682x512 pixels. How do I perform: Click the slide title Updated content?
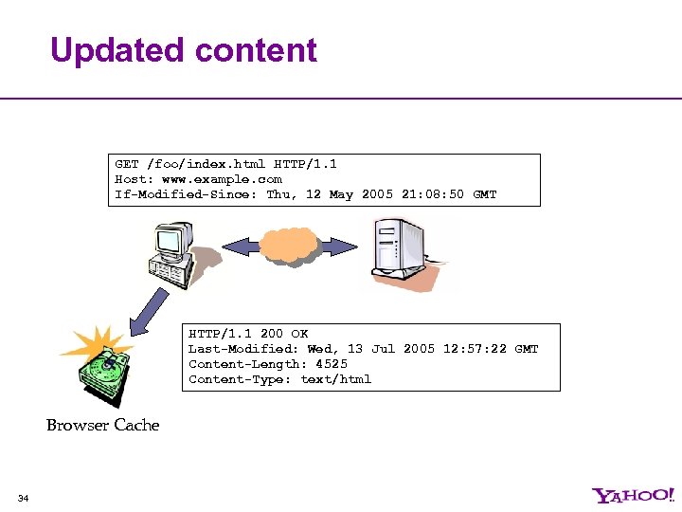[183, 49]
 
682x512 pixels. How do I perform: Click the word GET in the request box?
[127, 163]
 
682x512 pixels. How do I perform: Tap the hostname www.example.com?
[222, 178]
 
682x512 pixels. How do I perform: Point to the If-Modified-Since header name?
[186, 194]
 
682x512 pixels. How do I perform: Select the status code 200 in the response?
[271, 334]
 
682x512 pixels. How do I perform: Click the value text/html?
[336, 379]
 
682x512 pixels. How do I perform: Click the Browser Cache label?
[103, 425]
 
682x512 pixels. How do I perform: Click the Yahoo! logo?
[633, 495]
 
